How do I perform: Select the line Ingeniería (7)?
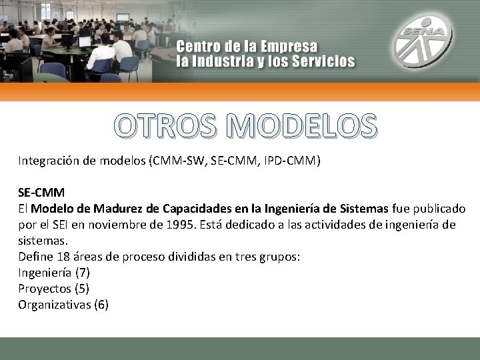coord(53,273)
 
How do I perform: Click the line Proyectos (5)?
coord(53,289)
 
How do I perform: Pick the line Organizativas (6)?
coord(63,305)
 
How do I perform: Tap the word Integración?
coord(48,161)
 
